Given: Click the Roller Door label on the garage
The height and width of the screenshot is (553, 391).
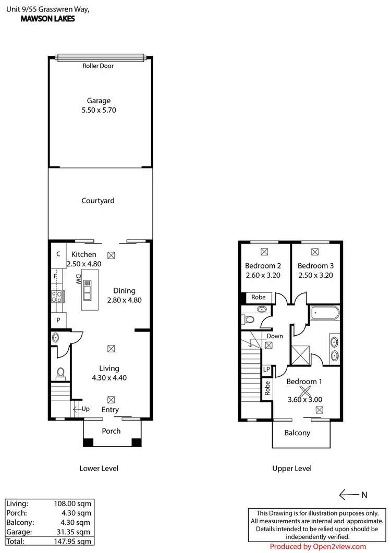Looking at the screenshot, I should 98,66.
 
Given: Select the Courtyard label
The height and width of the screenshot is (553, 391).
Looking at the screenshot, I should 98,201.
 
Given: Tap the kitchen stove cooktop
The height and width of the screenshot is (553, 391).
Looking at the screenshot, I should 57,297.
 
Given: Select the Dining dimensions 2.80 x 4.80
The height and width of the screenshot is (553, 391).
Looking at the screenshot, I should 124,300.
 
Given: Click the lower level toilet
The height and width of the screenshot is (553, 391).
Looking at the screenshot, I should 61,373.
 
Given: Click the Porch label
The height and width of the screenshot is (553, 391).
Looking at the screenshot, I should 111,431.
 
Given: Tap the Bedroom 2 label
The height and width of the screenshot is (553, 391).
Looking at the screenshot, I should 263,266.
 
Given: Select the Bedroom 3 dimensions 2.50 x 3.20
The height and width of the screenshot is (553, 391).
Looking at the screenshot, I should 315,275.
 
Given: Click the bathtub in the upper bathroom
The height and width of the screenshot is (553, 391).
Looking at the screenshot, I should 324,314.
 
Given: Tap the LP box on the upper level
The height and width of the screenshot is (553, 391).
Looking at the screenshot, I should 266,370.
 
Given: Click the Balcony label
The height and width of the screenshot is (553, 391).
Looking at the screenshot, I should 297,433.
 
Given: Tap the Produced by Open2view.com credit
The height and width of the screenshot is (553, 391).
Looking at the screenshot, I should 318,546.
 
